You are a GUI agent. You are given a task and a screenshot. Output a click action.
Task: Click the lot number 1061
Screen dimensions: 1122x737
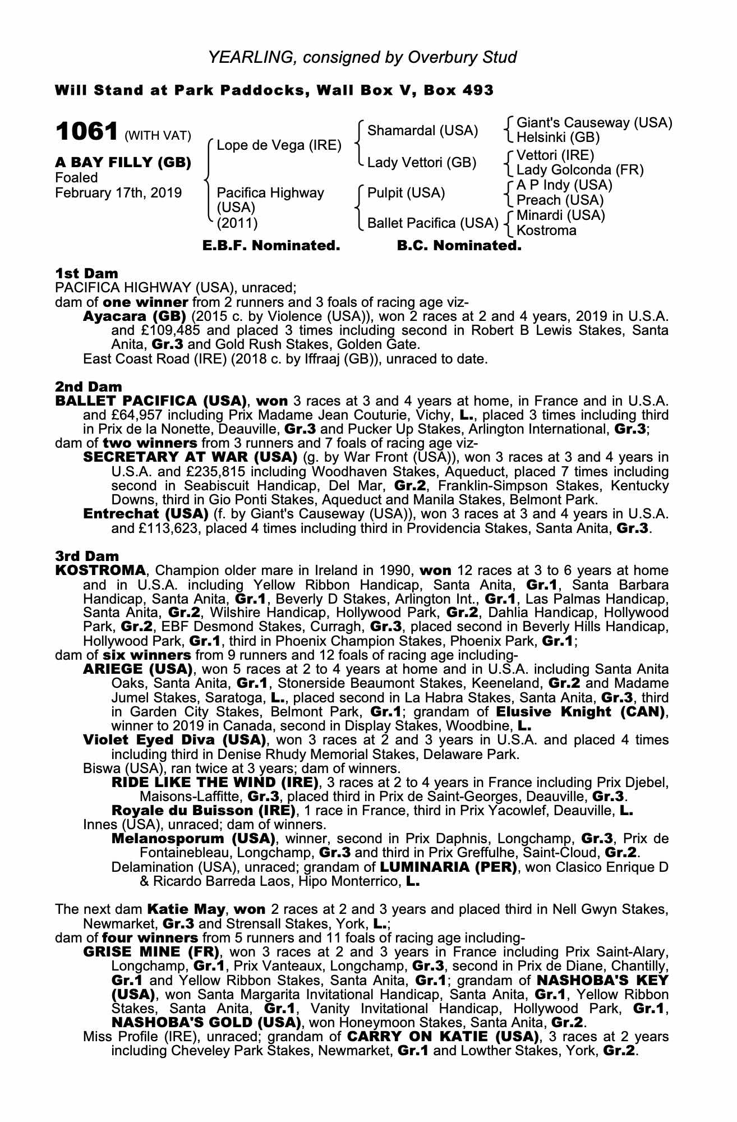click(86, 132)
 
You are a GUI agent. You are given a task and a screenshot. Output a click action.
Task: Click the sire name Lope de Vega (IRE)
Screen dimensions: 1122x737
click(279, 146)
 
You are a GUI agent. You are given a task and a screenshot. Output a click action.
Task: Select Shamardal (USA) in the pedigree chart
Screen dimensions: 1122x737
click(422, 131)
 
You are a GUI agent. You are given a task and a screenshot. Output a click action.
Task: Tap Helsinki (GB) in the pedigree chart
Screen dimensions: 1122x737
click(558, 137)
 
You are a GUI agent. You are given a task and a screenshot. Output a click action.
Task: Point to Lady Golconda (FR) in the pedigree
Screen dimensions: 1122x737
click(579, 170)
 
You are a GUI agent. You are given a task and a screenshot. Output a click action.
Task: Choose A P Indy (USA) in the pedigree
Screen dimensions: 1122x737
click(564, 185)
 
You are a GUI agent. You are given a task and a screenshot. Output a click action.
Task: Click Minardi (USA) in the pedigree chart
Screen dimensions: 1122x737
click(560, 215)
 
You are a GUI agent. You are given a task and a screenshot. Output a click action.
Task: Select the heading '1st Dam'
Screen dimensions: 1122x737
click(86, 273)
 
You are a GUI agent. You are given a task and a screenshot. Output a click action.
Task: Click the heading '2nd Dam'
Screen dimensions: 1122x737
click(88, 387)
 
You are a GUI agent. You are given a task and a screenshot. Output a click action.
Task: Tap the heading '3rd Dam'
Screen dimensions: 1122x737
click(87, 556)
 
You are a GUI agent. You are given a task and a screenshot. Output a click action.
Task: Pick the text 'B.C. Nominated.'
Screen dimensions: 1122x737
click(459, 246)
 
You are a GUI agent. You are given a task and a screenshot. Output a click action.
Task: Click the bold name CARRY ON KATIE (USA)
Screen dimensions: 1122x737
click(443, 1036)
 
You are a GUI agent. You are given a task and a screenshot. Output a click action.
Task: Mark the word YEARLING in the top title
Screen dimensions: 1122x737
click(248, 57)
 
